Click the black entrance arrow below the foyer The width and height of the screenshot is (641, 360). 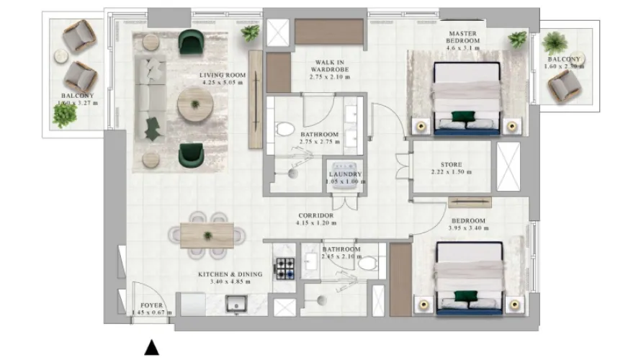point(151,348)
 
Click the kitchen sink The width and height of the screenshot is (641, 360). point(236,305)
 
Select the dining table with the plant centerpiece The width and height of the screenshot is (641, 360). point(207,235)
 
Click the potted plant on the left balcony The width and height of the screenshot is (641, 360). point(65,115)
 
